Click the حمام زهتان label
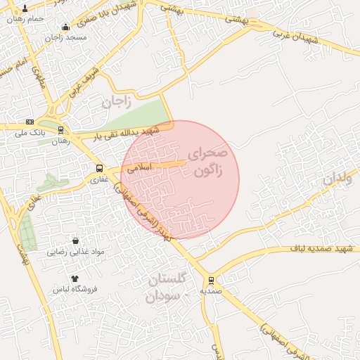pyautogui.click(x=25, y=19)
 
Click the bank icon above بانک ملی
pyautogui.click(x=30, y=122)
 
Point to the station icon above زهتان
pyautogui.click(x=60, y=130)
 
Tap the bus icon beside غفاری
pyautogui.click(x=99, y=169)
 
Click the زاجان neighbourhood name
pyautogui.click(x=116, y=101)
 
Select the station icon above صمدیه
pyautogui.click(x=211, y=281)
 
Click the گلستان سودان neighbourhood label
pyautogui.click(x=167, y=287)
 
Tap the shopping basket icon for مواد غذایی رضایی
pyautogui.click(x=75, y=241)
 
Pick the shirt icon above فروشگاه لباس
pyautogui.click(x=75, y=278)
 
